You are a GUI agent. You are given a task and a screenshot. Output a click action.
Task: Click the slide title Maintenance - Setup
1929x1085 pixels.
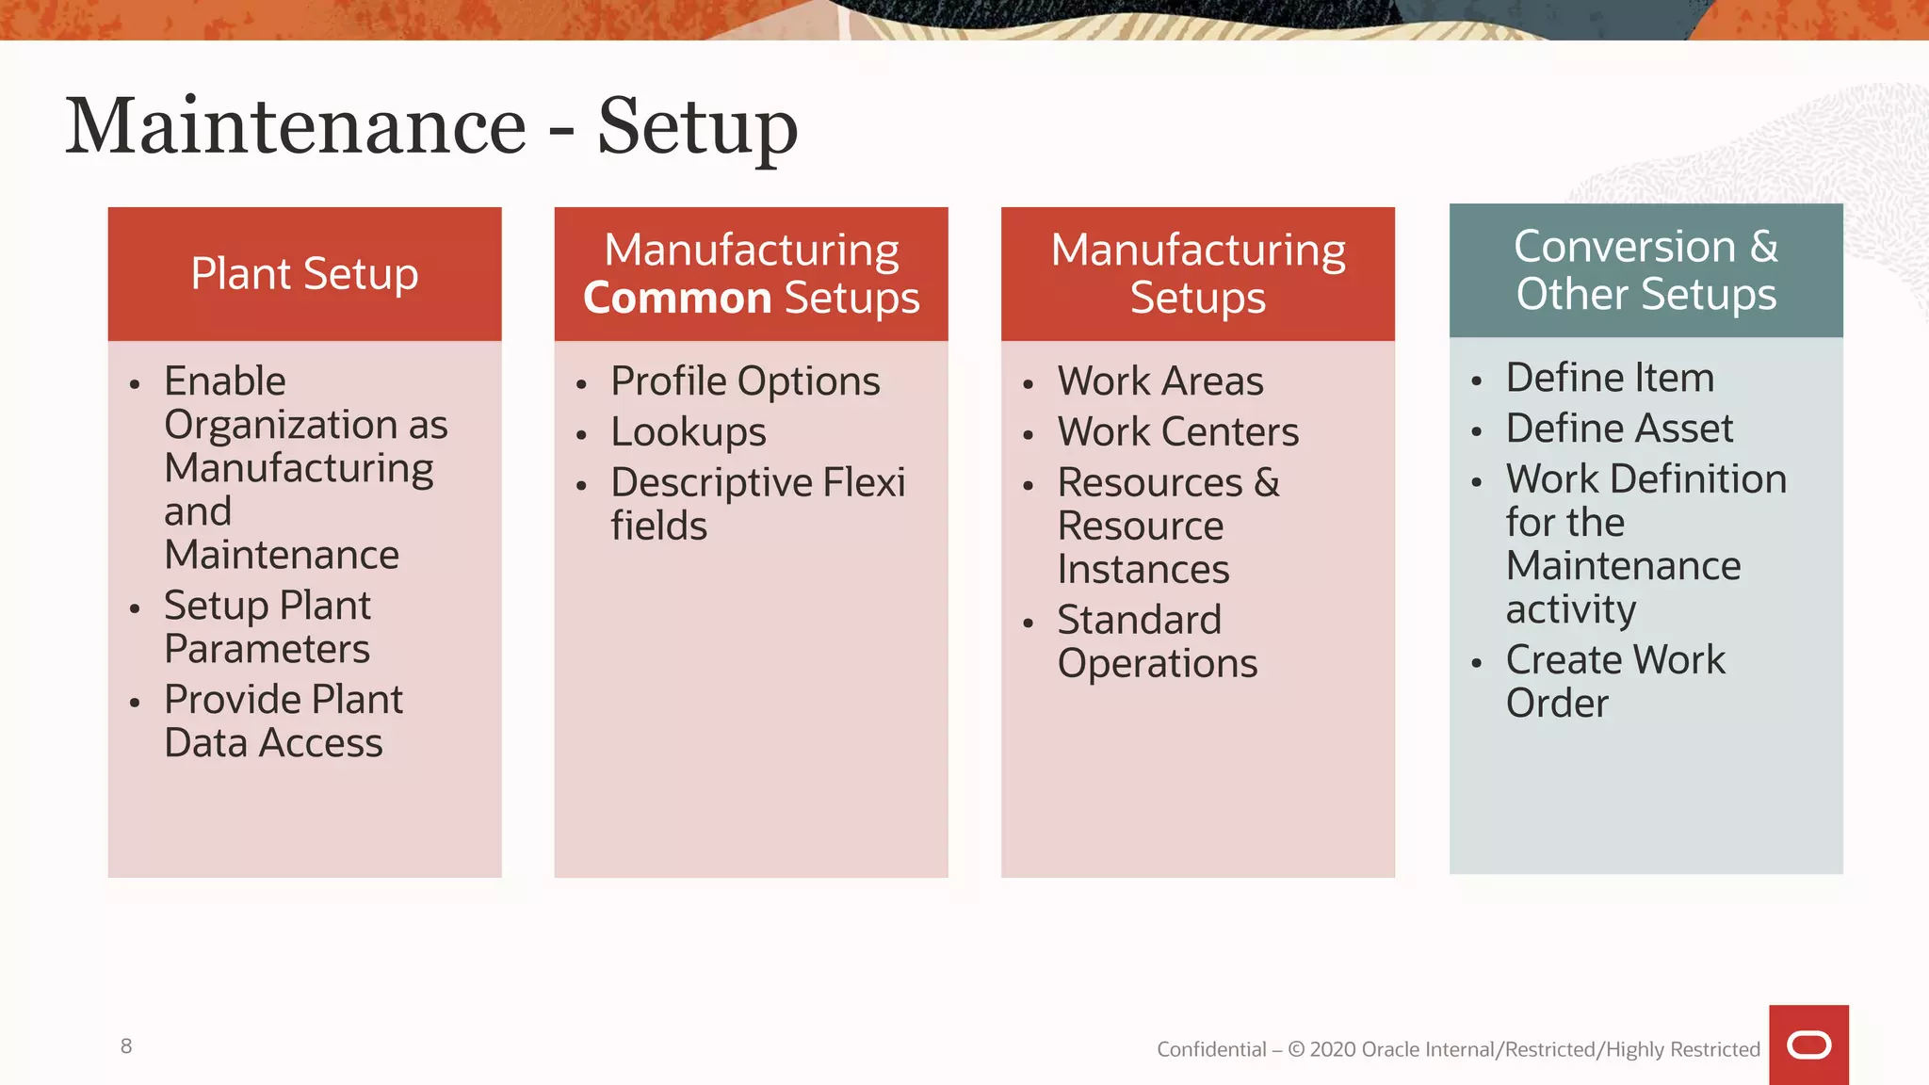(431, 126)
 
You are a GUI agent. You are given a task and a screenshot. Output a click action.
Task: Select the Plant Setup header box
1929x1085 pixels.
(304, 274)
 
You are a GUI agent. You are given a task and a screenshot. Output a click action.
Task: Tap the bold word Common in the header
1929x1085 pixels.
(677, 299)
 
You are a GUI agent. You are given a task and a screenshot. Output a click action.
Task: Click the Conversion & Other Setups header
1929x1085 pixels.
(1645, 270)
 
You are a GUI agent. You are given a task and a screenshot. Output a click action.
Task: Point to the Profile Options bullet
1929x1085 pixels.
(744, 381)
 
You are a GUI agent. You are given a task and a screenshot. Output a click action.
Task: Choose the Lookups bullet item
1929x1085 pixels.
(688, 432)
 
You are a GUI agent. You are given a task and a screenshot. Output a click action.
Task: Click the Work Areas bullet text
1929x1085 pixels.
(1159, 381)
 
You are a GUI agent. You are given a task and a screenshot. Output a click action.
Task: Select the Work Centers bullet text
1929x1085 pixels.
(1177, 432)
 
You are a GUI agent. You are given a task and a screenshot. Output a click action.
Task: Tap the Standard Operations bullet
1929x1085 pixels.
(1156, 642)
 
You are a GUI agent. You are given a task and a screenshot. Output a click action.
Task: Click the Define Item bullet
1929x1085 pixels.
(1609, 378)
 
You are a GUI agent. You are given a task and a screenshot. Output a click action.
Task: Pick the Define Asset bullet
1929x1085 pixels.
(1618, 429)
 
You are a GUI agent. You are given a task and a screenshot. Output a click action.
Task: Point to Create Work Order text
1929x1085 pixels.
(1614, 682)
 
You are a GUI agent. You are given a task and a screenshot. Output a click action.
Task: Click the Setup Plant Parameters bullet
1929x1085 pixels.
(267, 627)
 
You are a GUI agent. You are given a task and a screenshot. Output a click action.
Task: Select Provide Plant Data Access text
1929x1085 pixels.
(283, 721)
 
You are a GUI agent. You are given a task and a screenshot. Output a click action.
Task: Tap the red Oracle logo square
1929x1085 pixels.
(1807, 1045)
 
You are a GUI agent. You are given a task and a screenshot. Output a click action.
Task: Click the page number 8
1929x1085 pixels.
(126, 1046)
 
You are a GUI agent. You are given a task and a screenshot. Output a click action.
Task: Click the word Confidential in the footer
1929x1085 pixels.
(1211, 1049)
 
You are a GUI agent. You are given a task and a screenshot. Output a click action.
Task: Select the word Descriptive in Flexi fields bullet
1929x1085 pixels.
(711, 483)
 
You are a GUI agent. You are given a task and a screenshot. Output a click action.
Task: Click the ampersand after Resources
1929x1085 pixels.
(1267, 483)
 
